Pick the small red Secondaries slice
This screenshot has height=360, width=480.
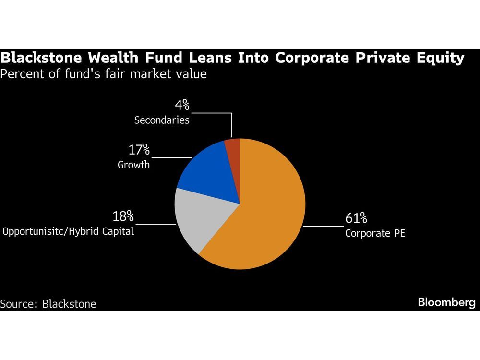(x=233, y=144)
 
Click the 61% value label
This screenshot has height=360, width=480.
(x=356, y=219)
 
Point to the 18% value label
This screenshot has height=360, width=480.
(x=123, y=216)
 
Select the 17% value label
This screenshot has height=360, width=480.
(x=139, y=150)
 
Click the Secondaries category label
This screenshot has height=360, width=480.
(x=162, y=120)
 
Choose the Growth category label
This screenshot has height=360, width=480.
(x=133, y=165)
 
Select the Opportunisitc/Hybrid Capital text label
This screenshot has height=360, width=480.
(x=68, y=231)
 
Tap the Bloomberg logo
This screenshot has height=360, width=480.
(x=446, y=302)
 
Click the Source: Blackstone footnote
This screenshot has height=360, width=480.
(x=48, y=304)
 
